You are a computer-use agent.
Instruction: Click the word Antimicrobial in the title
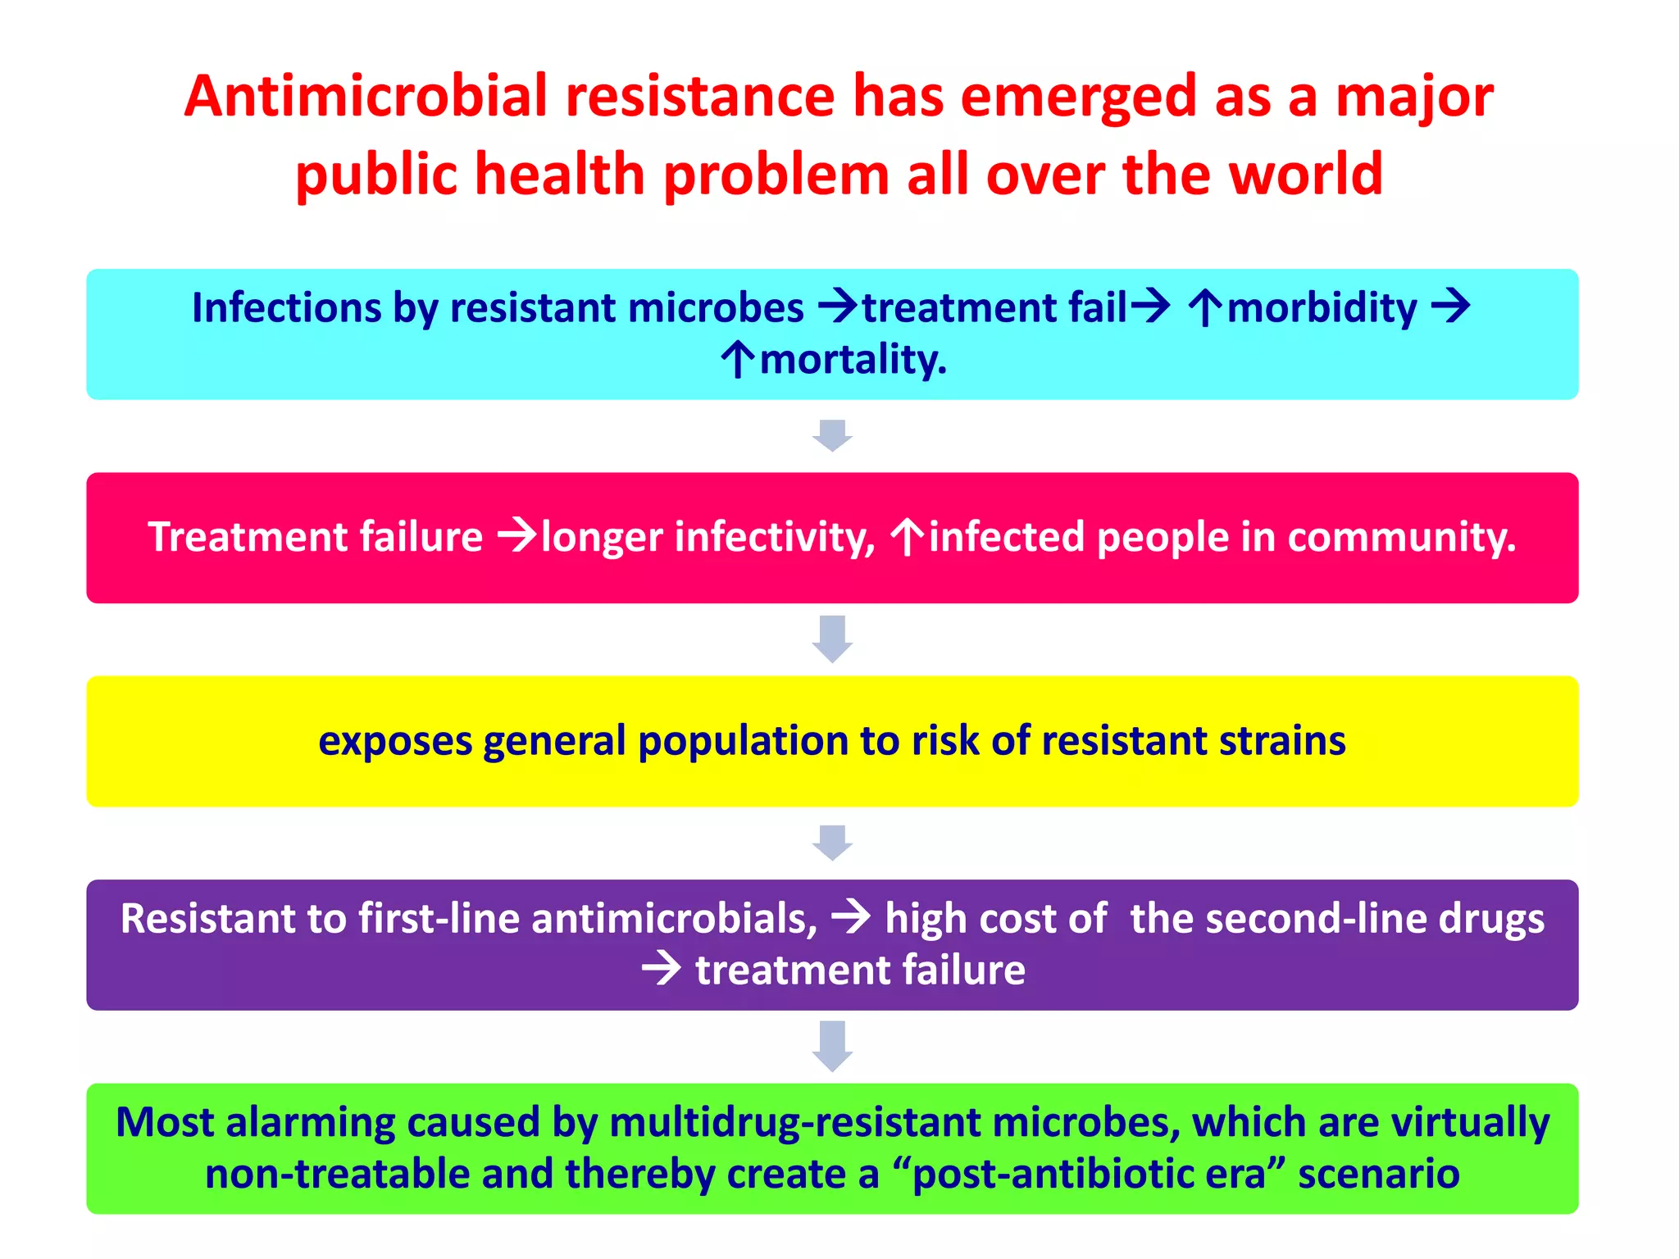tap(365, 97)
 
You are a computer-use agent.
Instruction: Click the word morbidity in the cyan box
tap(1322, 308)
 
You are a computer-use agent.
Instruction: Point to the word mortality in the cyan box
tap(853, 360)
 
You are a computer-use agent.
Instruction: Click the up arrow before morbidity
tap(1204, 308)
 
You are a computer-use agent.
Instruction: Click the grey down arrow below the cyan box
tap(832, 435)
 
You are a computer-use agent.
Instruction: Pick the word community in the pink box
tap(1401, 538)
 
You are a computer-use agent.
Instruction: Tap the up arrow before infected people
tap(907, 538)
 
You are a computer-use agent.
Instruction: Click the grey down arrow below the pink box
tap(832, 639)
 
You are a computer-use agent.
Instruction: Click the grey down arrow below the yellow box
tap(832, 843)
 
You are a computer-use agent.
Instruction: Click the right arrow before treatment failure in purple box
tap(662, 970)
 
